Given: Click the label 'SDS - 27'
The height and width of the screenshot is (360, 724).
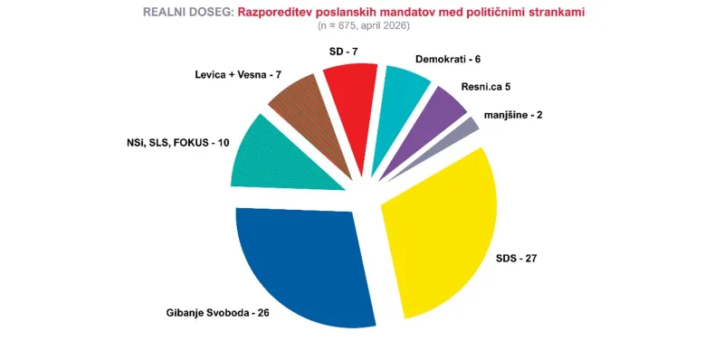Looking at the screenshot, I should (x=517, y=258).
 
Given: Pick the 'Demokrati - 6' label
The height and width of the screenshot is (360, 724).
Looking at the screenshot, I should (x=448, y=59).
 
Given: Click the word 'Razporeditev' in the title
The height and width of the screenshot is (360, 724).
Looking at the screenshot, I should (x=278, y=12).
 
